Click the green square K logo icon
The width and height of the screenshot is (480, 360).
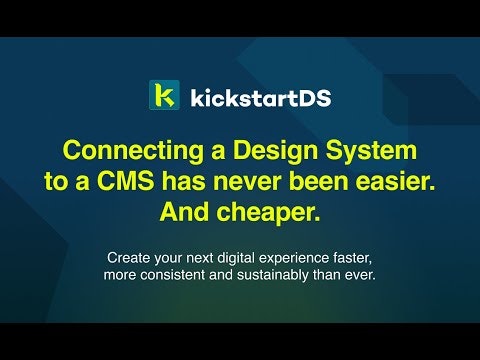pyautogui.click(x=164, y=96)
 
